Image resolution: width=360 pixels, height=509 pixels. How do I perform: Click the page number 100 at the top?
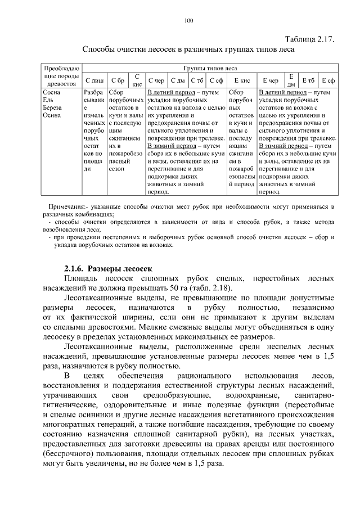point(188,21)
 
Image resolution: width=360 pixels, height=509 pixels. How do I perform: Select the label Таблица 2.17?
point(310,39)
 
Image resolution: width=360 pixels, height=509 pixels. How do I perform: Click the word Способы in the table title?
point(101,49)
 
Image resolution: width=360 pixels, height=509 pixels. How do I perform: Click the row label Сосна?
point(52,91)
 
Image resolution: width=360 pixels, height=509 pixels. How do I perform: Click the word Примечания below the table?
point(67,208)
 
